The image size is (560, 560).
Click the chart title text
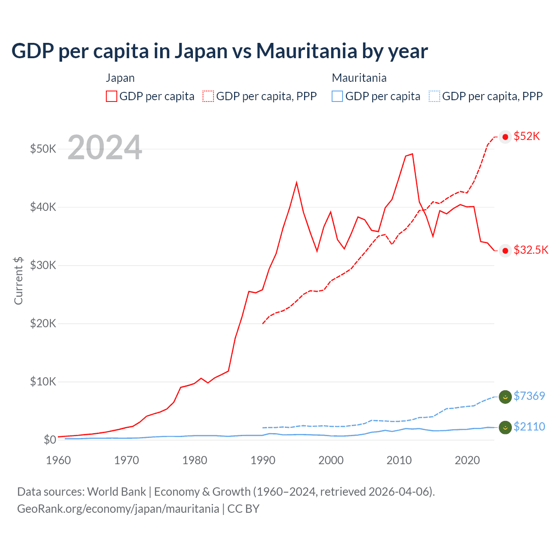point(220,51)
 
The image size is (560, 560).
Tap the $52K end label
point(527,136)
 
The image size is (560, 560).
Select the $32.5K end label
point(531,250)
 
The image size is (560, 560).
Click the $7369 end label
point(529,396)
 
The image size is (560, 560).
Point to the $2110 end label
point(529,427)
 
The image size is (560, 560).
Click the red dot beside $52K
point(505,137)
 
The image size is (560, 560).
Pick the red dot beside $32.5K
point(505,251)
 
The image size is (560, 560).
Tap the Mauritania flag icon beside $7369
point(505,397)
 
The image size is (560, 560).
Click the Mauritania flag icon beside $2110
point(505,427)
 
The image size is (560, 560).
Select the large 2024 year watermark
point(105,147)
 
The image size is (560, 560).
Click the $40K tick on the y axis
point(43,207)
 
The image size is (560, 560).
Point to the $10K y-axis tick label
point(43,381)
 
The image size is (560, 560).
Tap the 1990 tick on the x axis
point(262,460)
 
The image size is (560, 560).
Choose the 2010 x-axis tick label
point(399,460)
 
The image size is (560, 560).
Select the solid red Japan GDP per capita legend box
point(112,96)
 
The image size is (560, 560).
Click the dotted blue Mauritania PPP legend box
point(434,96)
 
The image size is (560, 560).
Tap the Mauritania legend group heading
point(359,78)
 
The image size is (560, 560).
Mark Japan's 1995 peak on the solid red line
point(297,182)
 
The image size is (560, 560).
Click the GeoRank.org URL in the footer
point(118,509)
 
